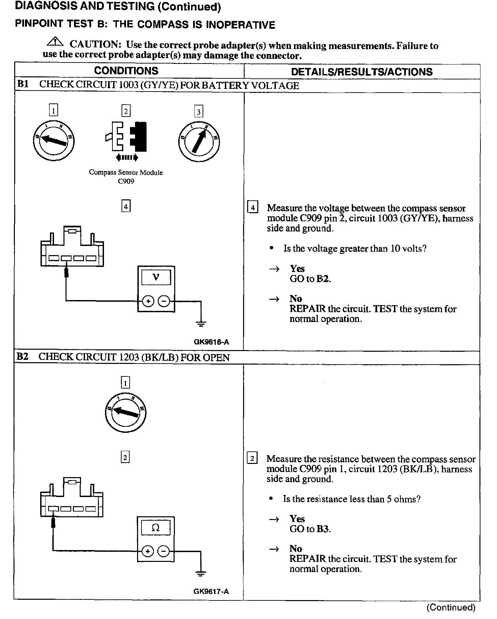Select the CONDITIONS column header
[126, 71]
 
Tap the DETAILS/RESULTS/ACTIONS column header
[362, 72]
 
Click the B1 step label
[23, 84]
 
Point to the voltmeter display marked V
[156, 278]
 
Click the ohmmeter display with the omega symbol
[156, 528]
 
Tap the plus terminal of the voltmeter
[148, 301]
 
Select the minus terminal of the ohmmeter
[163, 551]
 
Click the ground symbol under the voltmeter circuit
[201, 324]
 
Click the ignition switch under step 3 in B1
[199, 141]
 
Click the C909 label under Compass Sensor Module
[126, 181]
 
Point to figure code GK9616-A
[211, 342]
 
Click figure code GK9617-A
[211, 591]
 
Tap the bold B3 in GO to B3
[323, 529]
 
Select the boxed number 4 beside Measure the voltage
[253, 206]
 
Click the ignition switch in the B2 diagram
[125, 412]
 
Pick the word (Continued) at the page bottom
[451, 607]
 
